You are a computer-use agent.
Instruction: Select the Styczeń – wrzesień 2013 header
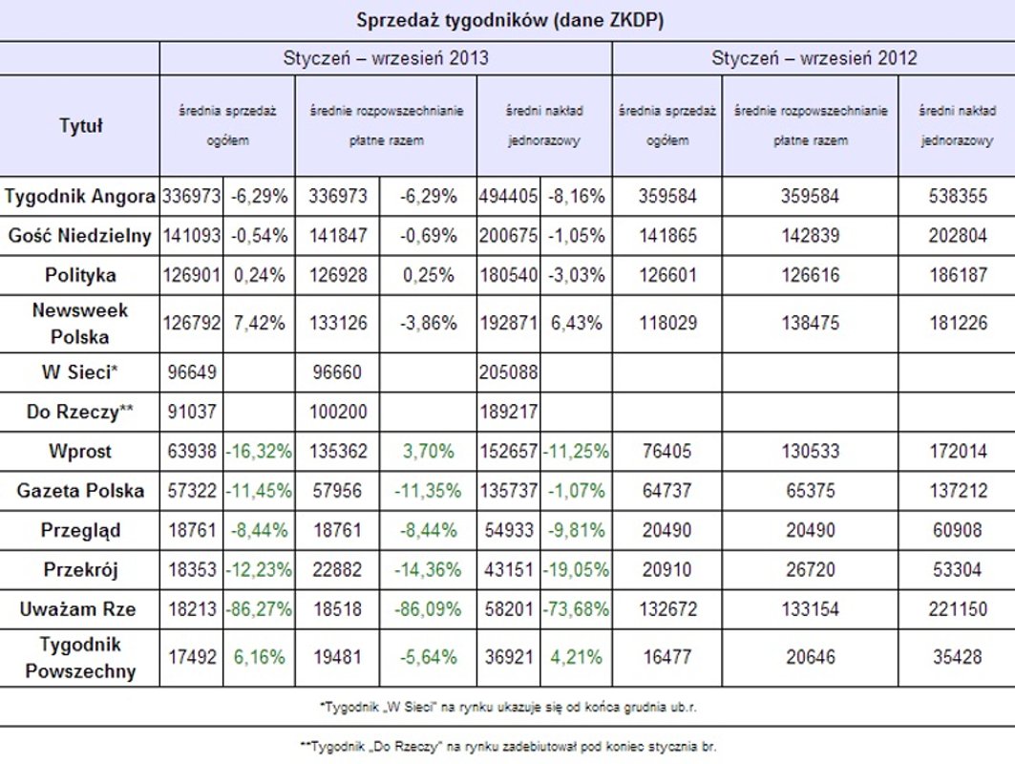(x=386, y=58)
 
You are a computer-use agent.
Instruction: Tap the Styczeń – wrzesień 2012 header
(x=814, y=58)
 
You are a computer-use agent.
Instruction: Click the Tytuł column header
(x=80, y=125)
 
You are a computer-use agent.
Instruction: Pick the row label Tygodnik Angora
(x=80, y=198)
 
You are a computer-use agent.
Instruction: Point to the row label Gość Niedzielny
(x=80, y=236)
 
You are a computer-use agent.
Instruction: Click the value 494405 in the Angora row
(x=508, y=198)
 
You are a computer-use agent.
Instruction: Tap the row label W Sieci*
(x=80, y=371)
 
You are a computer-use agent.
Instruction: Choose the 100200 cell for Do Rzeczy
(x=337, y=411)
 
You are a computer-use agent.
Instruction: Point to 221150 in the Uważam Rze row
(x=958, y=609)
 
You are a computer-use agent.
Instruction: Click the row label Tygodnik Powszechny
(x=80, y=657)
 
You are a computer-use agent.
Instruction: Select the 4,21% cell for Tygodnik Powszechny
(x=575, y=657)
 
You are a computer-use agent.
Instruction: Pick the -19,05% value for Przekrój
(x=575, y=570)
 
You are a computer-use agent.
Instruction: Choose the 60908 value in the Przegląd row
(x=958, y=530)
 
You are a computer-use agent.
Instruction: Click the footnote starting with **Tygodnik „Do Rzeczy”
(x=508, y=746)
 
